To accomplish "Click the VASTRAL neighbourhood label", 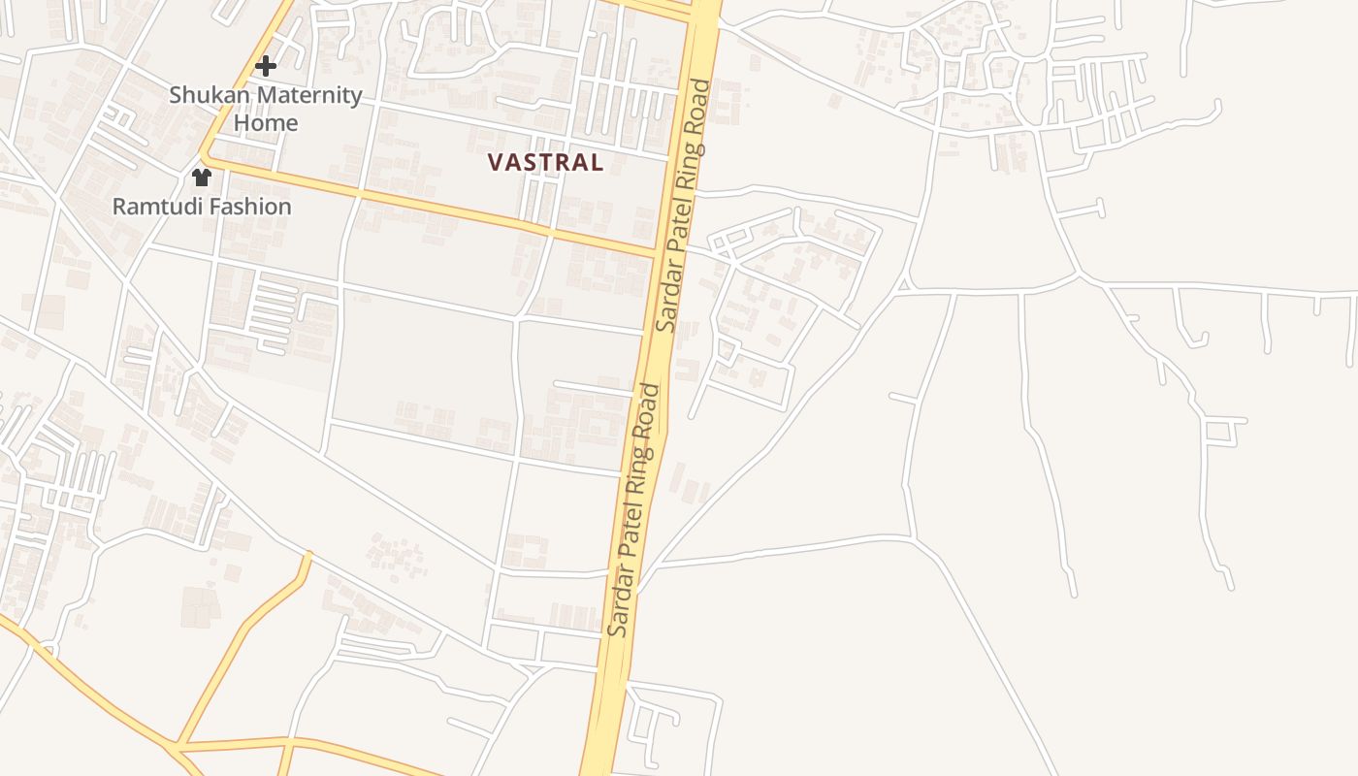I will [545, 162].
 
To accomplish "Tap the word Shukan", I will [207, 95].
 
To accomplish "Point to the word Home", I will [265, 123].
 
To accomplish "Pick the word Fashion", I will [248, 207].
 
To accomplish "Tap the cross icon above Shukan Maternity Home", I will [265, 66].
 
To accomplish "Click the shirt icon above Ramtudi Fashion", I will [202, 178].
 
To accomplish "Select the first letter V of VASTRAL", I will [495, 162].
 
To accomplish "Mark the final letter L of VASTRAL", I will [597, 162].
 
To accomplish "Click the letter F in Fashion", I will [213, 207].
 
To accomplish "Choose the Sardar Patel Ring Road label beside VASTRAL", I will [682, 206].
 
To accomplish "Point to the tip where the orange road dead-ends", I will [308, 555].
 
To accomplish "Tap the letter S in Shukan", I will [176, 95].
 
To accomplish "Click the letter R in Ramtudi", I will [119, 207].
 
